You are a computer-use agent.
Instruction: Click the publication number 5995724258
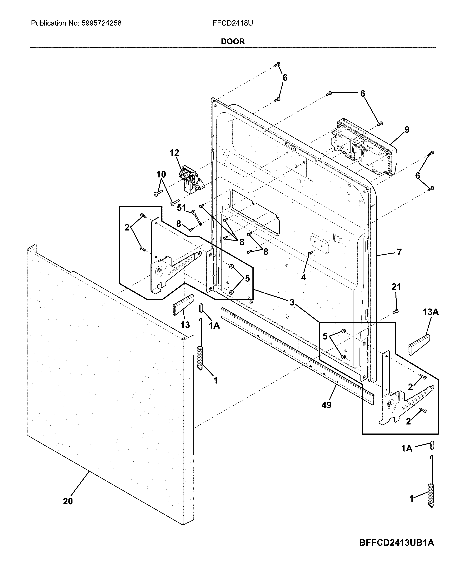(101, 23)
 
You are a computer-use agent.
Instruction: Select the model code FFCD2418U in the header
(233, 23)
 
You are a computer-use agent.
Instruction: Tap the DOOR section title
(233, 41)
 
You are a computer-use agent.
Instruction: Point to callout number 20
(68, 502)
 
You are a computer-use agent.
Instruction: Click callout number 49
(326, 405)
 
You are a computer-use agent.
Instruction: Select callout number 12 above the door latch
(174, 153)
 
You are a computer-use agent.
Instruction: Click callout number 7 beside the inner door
(399, 252)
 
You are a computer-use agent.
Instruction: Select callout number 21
(396, 287)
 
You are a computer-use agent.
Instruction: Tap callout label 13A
(430, 312)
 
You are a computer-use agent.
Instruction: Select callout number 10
(161, 175)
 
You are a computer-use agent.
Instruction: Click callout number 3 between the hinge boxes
(292, 302)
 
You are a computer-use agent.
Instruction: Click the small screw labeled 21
(396, 311)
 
